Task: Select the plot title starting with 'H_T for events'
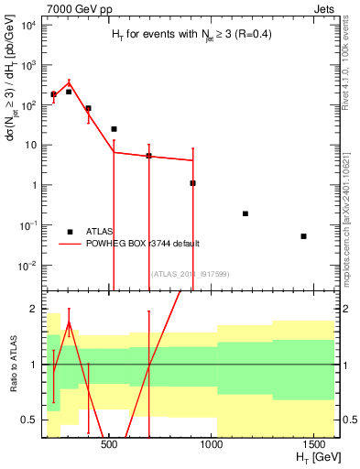tap(184, 34)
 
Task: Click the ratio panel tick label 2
tap(32, 310)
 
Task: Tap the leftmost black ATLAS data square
tap(53, 94)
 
